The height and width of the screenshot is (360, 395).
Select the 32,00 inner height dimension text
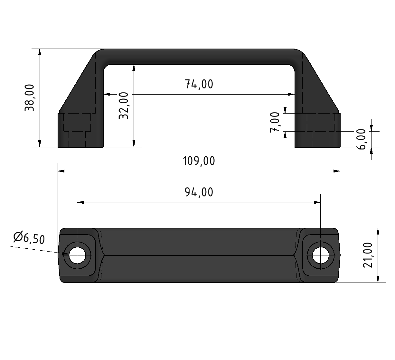point(123,106)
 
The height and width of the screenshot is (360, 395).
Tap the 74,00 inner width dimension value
point(199,84)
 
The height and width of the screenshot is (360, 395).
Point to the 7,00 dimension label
point(275,122)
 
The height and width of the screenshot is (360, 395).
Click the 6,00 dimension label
point(362,139)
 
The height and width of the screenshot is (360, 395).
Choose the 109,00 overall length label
point(199,161)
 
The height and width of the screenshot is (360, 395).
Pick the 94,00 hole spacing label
point(199,192)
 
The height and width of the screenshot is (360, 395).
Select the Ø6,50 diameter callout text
point(29,238)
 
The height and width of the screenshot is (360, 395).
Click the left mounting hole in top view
point(77,255)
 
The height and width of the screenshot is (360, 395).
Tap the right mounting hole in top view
point(320,255)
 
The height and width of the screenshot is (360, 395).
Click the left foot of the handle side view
point(80,130)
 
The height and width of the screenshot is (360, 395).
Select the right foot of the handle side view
point(317,130)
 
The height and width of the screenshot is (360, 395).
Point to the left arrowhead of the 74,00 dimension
point(107,94)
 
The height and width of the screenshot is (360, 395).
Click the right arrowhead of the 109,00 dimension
point(337,171)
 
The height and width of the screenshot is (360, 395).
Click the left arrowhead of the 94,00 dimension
point(80,202)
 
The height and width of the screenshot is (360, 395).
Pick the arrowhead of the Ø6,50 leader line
point(67,254)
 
